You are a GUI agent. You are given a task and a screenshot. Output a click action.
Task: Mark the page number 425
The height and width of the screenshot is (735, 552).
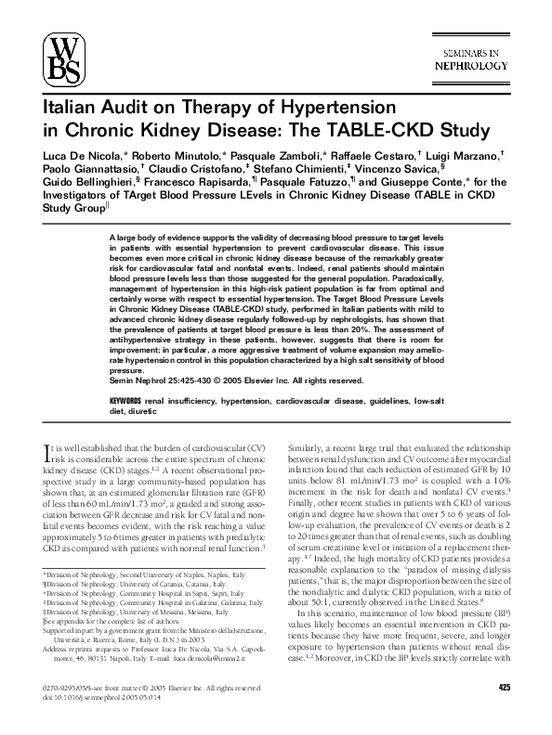pyautogui.click(x=504, y=687)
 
